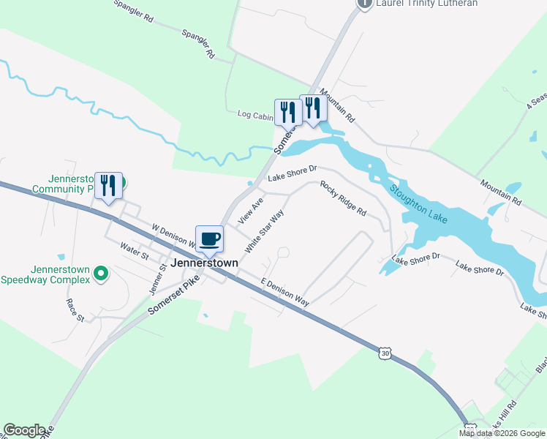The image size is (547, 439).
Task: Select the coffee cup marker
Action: pyautogui.click(x=210, y=239)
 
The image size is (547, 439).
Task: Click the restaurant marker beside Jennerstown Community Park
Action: pyautogui.click(x=108, y=186)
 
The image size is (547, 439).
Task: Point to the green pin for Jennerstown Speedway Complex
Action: pyautogui.click(x=102, y=274)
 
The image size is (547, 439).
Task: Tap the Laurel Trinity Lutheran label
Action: pyautogui.click(x=426, y=4)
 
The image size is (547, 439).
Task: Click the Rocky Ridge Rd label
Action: pyautogui.click(x=342, y=198)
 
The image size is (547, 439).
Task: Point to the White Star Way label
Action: pyautogui.click(x=264, y=231)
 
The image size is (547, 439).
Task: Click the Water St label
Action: pyautogui.click(x=135, y=252)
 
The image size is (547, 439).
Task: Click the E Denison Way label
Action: pyautogui.click(x=284, y=293)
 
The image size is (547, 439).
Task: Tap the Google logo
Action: pyautogui.click(x=24, y=430)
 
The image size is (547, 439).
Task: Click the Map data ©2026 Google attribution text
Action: pyautogui.click(x=502, y=433)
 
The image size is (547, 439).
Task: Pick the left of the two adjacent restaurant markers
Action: pyautogui.click(x=287, y=112)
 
